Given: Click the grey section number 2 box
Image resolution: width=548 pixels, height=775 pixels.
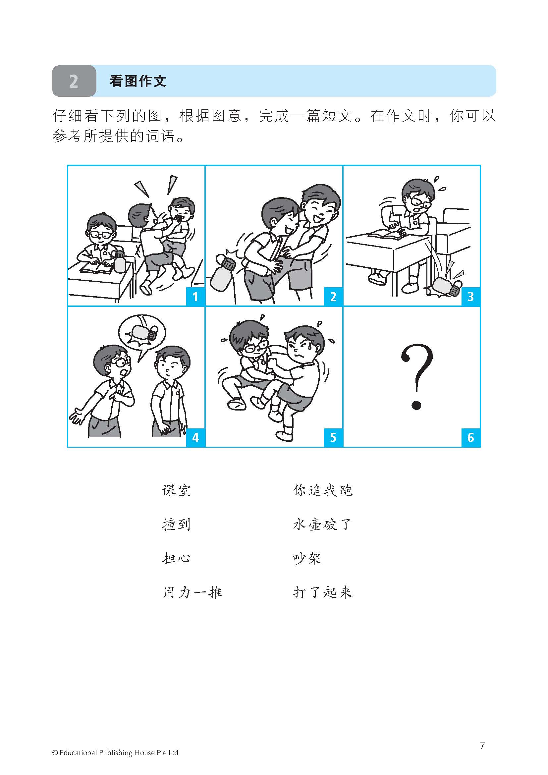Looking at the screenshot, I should click(x=74, y=81).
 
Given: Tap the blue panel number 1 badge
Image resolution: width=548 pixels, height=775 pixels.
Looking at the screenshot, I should click(x=195, y=297).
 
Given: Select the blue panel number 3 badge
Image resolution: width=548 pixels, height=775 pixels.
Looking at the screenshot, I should click(x=471, y=297).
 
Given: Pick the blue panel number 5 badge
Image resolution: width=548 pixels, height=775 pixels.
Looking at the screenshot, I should click(x=333, y=437).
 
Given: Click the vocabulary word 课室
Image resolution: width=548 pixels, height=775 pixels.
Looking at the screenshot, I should click(x=176, y=490).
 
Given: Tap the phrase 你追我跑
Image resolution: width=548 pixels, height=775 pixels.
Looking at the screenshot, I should click(x=323, y=490).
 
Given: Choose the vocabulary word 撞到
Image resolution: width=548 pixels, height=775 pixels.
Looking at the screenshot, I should click(x=176, y=525).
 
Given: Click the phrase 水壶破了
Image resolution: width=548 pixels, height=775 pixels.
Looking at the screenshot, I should click(x=323, y=525).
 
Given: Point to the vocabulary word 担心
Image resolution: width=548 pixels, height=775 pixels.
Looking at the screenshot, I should click(x=176, y=558).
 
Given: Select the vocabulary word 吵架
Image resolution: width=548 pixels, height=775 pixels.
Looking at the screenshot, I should click(x=307, y=558).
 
